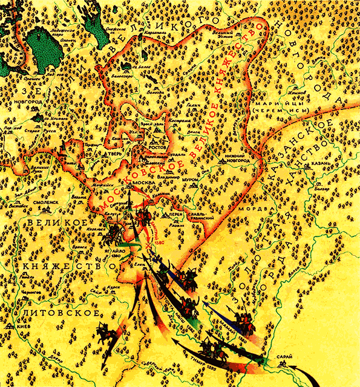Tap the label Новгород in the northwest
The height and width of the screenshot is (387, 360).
point(33,102)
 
